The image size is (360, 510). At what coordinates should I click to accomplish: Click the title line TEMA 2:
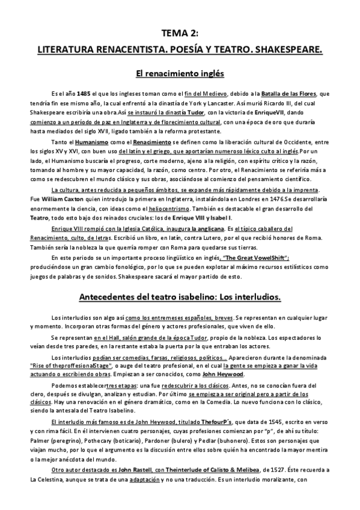(180, 34)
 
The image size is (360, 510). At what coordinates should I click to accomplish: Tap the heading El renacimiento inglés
(180, 74)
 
